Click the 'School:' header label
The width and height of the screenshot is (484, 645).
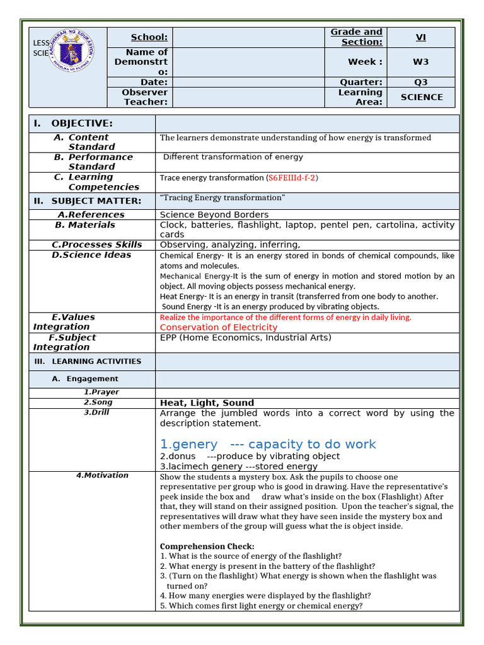149,37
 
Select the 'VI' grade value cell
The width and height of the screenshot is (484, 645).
420,37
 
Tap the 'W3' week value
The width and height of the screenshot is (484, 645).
420,62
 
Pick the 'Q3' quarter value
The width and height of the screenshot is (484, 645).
420,82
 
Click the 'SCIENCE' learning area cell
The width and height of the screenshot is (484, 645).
422,97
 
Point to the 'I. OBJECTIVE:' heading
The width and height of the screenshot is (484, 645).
73,123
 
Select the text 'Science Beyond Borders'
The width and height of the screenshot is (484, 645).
214,215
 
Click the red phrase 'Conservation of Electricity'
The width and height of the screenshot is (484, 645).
218,328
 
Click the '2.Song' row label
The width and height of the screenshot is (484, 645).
98,402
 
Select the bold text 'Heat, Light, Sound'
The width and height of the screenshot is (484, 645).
207,402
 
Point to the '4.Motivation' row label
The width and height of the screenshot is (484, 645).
102,476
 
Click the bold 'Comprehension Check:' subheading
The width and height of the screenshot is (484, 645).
207,546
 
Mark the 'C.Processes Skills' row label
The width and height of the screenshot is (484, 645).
96,244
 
